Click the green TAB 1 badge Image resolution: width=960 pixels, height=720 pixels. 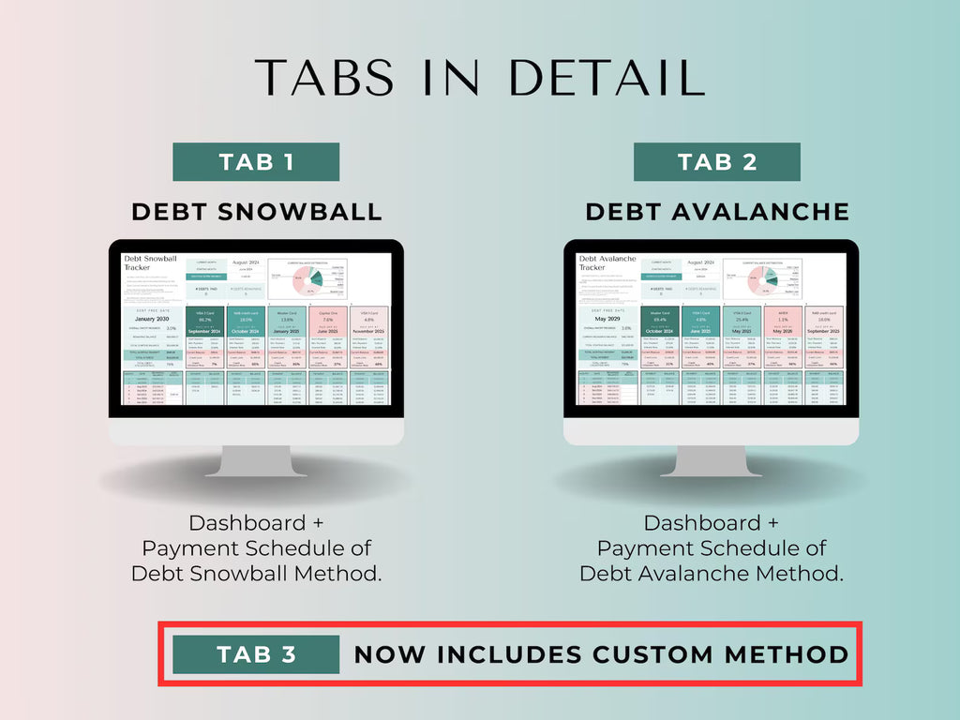pos(256,162)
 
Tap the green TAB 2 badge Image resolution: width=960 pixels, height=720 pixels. pos(716,162)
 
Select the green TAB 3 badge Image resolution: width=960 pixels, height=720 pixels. pos(256,654)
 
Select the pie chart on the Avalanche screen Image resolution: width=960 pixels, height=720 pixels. pos(763,279)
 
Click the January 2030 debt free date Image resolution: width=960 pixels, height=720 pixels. pos(153,319)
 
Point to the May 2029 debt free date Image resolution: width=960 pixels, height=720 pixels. pos(607,319)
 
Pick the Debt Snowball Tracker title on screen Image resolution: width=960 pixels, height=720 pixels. pos(151,262)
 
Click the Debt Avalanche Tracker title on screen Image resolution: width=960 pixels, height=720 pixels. pos(607,262)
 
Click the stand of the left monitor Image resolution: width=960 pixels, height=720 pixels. pos(256,459)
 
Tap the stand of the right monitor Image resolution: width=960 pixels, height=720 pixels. pos(711,459)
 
